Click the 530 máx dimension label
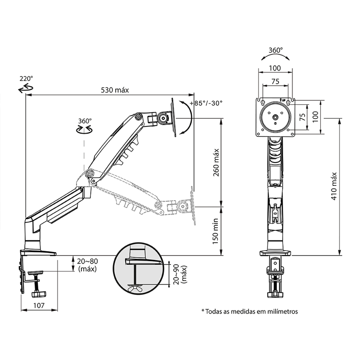pos(115,90)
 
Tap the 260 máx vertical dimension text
pos(216,162)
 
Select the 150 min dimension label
pos(216,231)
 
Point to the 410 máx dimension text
pos(334,186)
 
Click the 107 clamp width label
pos(39,306)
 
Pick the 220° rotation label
pos(26,78)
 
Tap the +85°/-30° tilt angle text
pos(206,103)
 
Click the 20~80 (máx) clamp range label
pos(87,265)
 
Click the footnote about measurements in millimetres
pos(250,311)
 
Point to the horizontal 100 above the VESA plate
pos(275,68)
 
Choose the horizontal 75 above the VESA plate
pos(275,81)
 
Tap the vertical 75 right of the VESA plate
pos(303,117)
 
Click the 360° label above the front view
pos(275,50)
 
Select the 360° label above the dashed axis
pos(85,121)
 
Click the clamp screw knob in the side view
pos(39,294)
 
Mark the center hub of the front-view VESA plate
pos(275,117)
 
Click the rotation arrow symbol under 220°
pos(26,88)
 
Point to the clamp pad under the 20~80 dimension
pos(36,273)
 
